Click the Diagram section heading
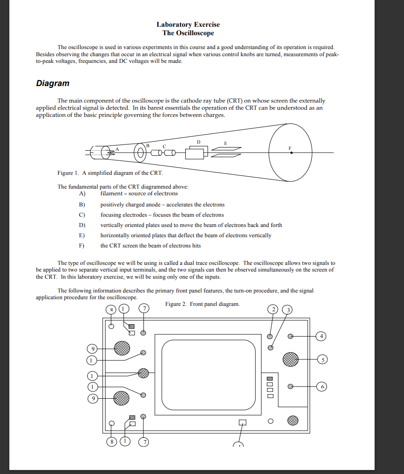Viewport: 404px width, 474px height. click(x=53, y=83)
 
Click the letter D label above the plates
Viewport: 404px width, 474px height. click(x=199, y=142)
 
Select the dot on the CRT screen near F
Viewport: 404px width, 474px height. click(x=291, y=153)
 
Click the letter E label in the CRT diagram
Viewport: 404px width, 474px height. click(x=225, y=143)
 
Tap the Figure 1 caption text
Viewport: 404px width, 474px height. click(x=110, y=173)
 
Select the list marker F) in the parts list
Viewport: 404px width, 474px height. click(x=82, y=246)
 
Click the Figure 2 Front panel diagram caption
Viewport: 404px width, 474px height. click(x=202, y=304)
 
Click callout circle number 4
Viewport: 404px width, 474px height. click(x=322, y=336)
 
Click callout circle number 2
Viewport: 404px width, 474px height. click(x=273, y=310)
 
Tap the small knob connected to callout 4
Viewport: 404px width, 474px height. click(x=290, y=336)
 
